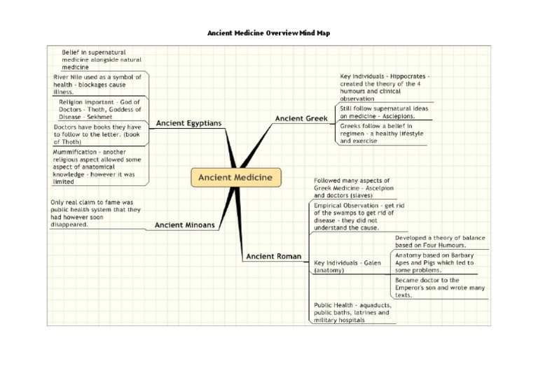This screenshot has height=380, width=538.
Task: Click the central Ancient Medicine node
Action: (x=235, y=177)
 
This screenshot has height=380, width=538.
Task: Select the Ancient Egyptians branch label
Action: (x=188, y=123)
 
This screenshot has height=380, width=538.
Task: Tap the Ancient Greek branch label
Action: (x=301, y=119)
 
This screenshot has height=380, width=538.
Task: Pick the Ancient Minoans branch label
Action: (x=185, y=225)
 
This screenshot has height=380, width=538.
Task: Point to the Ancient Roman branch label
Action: (x=274, y=257)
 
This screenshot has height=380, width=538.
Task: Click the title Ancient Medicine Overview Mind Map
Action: (x=269, y=33)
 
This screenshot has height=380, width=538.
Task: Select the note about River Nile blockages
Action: (x=98, y=84)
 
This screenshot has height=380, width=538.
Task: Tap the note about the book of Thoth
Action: (x=97, y=134)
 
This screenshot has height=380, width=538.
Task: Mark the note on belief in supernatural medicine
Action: (x=97, y=59)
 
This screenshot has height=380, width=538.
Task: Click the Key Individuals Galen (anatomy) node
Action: (x=347, y=266)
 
